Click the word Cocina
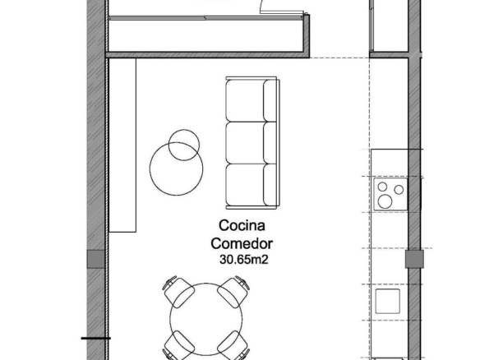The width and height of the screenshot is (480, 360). pyautogui.click(x=242, y=225)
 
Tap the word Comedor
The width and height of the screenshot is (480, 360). pyautogui.click(x=242, y=243)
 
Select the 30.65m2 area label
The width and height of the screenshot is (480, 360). pyautogui.click(x=243, y=260)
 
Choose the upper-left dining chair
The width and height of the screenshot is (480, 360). pyautogui.click(x=178, y=292)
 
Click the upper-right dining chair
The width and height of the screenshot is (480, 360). pyautogui.click(x=233, y=292)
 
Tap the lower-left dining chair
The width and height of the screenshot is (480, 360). pyautogui.click(x=179, y=346)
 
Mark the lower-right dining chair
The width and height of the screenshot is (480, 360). pyautogui.click(x=233, y=346)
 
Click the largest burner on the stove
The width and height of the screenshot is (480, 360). pyautogui.click(x=385, y=201)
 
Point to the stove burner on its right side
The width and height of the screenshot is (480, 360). pyautogui.click(x=399, y=190)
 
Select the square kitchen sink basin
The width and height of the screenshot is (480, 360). pyautogui.click(x=388, y=301)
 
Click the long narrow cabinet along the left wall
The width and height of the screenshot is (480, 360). pyautogui.click(x=122, y=145)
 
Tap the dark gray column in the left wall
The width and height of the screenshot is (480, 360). pyautogui.click(x=96, y=259)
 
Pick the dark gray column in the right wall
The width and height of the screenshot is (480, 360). pyautogui.click(x=414, y=259)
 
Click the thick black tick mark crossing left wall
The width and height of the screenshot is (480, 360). pyautogui.click(x=96, y=339)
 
